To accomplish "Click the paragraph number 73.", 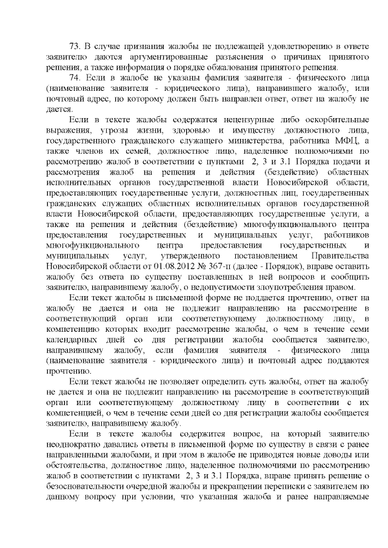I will click(75, 46).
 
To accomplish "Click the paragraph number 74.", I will click(75, 79).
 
